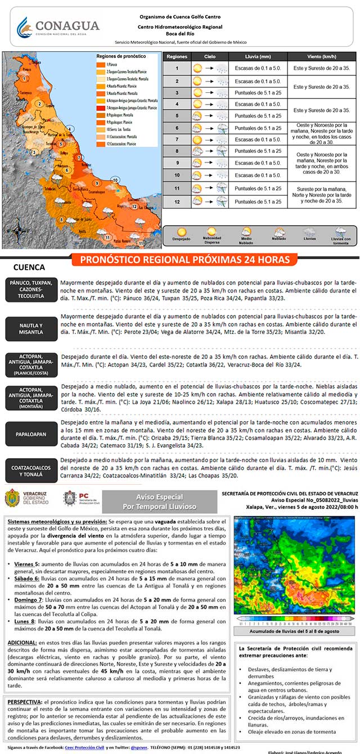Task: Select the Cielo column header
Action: click(x=210, y=57)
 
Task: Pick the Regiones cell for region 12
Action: click(x=177, y=201)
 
